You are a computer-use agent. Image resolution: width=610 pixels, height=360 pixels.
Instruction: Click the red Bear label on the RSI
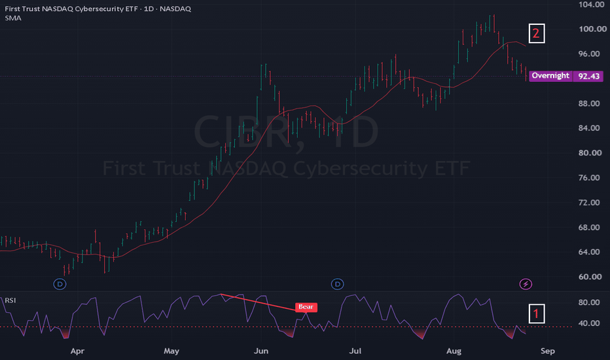pos(306,307)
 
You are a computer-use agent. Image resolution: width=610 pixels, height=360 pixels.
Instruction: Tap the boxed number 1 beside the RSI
pos(537,314)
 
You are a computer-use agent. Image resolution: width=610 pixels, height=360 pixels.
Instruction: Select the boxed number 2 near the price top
pos(537,33)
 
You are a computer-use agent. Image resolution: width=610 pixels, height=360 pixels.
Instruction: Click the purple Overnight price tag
pos(550,76)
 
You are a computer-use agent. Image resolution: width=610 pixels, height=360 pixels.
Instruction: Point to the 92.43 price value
pos(588,77)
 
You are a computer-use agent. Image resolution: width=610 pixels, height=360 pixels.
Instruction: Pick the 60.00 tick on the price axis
pos(590,277)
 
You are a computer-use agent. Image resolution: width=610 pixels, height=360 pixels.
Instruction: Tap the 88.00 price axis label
pos(590,103)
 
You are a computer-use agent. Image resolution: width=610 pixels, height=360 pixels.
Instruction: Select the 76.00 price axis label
pos(590,178)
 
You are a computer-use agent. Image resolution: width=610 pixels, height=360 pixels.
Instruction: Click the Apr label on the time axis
pos(77,351)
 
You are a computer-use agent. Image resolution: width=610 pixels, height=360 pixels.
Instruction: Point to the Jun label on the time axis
pos(261,351)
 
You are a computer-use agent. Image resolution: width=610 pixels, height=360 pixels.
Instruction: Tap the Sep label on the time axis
pos(548,351)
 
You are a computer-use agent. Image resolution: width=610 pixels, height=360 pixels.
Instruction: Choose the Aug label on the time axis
pos(454,351)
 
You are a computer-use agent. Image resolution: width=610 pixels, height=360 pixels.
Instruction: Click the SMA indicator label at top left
pos(13,18)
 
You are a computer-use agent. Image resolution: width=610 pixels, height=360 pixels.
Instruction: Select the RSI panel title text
pos(10,300)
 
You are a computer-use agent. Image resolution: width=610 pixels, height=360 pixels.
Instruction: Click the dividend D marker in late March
pos(60,284)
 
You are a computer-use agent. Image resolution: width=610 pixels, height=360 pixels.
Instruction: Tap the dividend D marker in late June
pos(337,284)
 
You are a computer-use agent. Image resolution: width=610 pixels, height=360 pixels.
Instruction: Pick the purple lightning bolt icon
pos(526,284)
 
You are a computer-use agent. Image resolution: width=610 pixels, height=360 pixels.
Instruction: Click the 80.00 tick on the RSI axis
pos(589,302)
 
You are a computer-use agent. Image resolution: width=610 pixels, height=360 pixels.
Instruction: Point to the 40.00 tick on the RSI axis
pos(589,323)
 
